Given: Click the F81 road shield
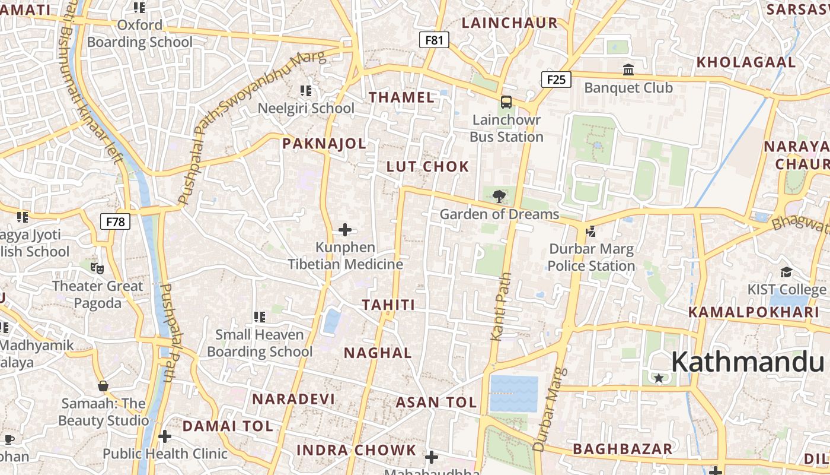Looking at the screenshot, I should [x=434, y=40].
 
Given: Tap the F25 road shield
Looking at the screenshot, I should [x=556, y=80].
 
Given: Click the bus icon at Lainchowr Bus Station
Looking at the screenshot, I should [x=506, y=102].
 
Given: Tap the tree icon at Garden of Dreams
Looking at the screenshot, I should [x=499, y=195].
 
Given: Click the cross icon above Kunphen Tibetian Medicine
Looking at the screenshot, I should [x=345, y=229].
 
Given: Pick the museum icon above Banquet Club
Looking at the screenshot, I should [x=628, y=70].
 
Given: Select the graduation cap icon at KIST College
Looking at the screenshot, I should [x=787, y=272].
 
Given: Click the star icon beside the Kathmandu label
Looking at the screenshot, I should [x=658, y=378].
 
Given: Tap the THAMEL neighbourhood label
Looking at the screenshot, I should [x=402, y=98].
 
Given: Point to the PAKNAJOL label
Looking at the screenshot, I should [x=324, y=144].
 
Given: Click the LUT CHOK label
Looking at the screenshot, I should [x=427, y=167].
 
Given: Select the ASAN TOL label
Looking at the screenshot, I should [x=436, y=403].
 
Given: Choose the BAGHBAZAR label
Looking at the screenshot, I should [x=622, y=449].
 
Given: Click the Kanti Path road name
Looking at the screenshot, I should [x=500, y=306].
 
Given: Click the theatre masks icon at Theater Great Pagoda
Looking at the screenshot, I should [x=97, y=268].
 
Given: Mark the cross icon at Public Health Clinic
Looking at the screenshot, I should [x=165, y=437].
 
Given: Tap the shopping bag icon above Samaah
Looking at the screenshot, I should [x=103, y=386].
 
